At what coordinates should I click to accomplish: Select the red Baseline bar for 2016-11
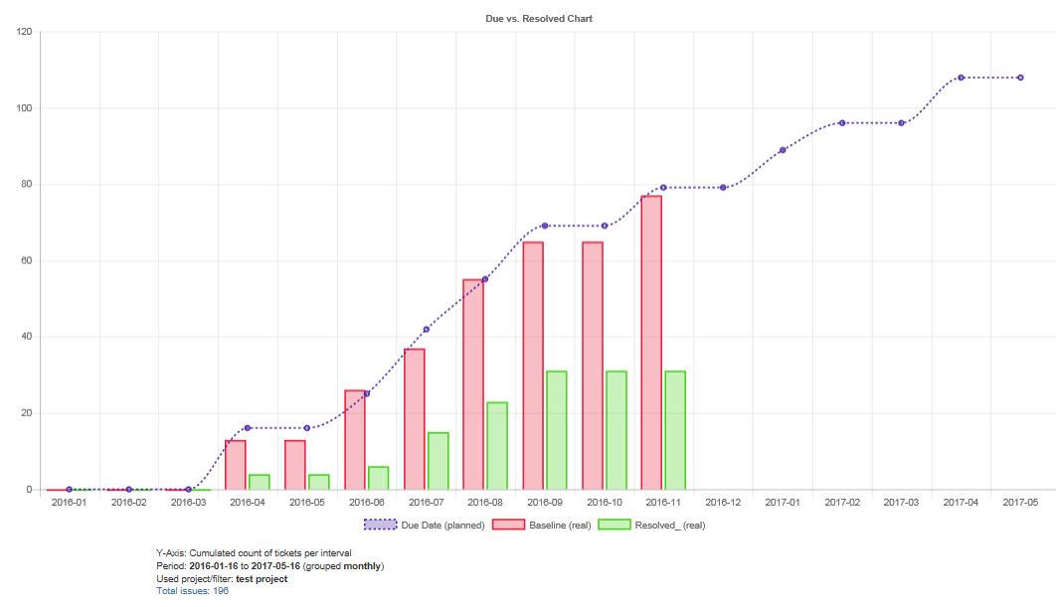pos(651,343)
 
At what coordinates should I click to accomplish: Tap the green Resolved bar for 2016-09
pos(557,430)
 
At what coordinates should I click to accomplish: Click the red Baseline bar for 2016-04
pos(236,465)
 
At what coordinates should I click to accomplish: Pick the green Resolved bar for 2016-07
pos(438,461)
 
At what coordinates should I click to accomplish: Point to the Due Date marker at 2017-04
pos(961,77)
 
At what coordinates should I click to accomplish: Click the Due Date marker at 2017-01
pos(783,150)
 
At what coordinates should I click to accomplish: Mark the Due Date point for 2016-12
pos(723,188)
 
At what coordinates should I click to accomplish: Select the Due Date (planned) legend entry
pos(426,525)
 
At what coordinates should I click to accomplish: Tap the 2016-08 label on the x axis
pos(485,503)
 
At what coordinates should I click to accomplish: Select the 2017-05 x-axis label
pos(1020,503)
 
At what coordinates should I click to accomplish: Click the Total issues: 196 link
pos(193,591)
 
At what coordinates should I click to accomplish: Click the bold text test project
pos(262,579)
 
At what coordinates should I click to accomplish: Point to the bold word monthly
pos(362,566)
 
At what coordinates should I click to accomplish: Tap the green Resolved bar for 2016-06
pos(378,478)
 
